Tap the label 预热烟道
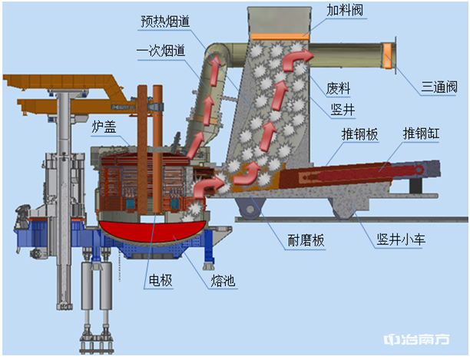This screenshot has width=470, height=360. coord(165,22)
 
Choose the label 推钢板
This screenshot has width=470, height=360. coord(360,134)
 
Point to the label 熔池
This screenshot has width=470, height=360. coord(223,280)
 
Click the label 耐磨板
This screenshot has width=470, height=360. coord(306,240)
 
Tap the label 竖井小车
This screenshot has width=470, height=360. coord(402,239)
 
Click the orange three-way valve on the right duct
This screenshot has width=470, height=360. coord(388,56)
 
